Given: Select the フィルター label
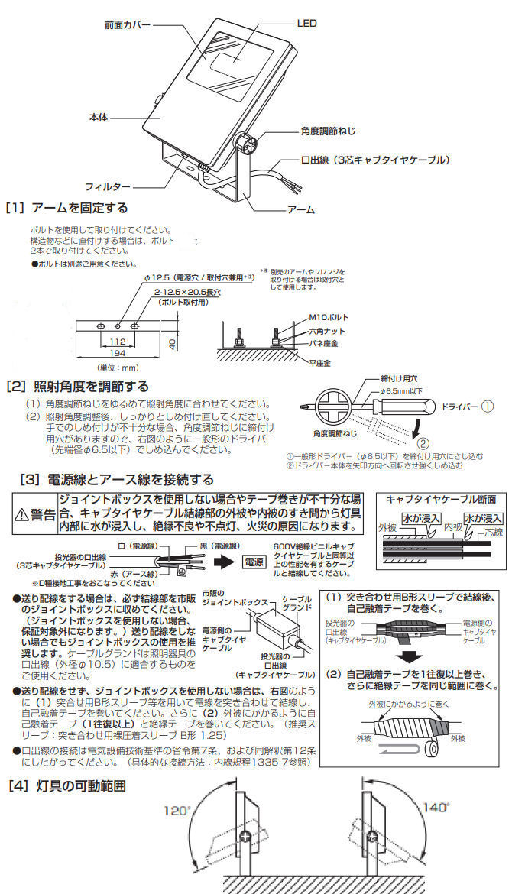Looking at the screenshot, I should [107, 186].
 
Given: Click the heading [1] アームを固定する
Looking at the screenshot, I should [66, 208].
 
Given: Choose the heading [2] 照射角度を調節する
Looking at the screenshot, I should [77, 387].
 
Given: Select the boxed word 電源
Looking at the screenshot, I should [254, 560].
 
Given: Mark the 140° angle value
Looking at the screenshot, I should [436, 808].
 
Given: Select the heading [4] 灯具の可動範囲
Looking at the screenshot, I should [66, 785].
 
